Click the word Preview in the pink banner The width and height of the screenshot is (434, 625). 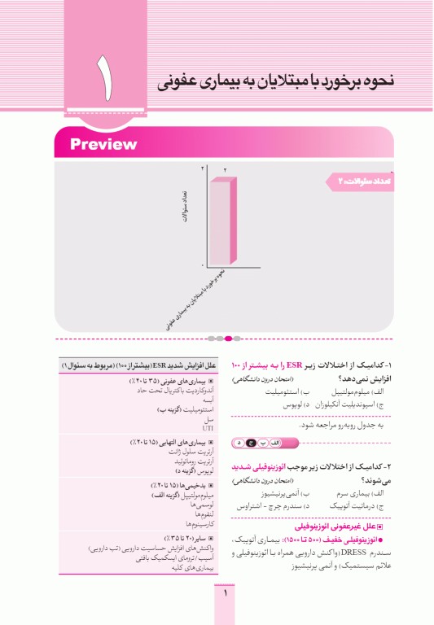pyautogui.click(x=103, y=145)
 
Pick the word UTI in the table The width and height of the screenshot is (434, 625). pyautogui.click(x=206, y=426)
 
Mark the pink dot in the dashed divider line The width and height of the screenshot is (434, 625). pyautogui.click(x=228, y=338)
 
